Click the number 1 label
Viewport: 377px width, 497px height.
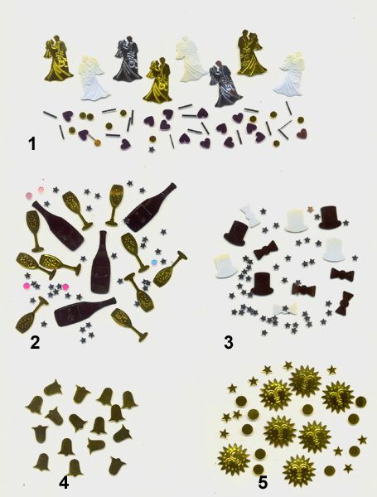tap(32, 144)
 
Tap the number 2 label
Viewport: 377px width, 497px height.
tap(35, 342)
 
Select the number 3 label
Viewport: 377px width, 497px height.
tap(229, 342)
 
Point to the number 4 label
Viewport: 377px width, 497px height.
tap(64, 483)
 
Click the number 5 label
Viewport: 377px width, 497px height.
tap(263, 483)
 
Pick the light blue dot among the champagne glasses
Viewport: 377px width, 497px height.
tap(154, 262)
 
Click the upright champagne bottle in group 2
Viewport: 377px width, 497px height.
tap(101, 262)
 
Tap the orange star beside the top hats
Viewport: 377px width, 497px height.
tap(311, 209)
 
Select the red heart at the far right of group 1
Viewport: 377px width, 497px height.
tap(302, 133)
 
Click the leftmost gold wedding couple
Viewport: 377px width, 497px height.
tap(57, 58)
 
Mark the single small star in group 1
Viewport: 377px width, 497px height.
tap(152, 149)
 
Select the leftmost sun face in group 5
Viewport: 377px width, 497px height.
tap(234, 459)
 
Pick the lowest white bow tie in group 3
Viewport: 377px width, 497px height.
tap(286, 309)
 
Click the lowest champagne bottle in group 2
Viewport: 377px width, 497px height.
tap(85, 311)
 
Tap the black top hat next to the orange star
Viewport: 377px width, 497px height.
tap(330, 217)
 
